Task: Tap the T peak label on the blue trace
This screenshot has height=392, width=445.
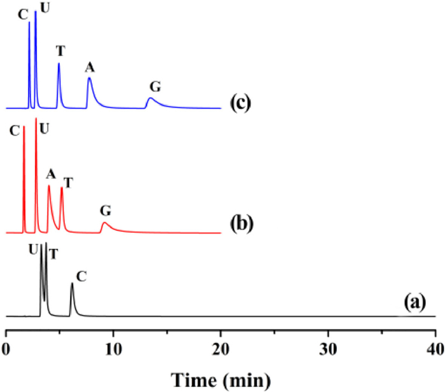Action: pos(60,50)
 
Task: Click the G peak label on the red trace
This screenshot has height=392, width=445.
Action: pos(106,210)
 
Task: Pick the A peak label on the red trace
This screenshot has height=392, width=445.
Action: pos(51,173)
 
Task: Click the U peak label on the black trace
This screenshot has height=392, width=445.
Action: pos(33,251)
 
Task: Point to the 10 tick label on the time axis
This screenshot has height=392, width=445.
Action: pos(113,348)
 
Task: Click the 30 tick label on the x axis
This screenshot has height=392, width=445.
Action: pos(328,348)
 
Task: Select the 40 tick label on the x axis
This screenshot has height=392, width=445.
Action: pos(435,348)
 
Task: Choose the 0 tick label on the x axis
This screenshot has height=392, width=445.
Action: pos(6,348)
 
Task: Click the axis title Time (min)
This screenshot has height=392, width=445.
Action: pos(221,379)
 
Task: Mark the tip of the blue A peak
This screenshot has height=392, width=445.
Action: pos(90,78)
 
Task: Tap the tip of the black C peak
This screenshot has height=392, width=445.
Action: pos(72,284)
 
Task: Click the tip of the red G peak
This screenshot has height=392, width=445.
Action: pos(106,223)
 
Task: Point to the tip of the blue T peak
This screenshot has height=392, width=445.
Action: pos(58,63)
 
